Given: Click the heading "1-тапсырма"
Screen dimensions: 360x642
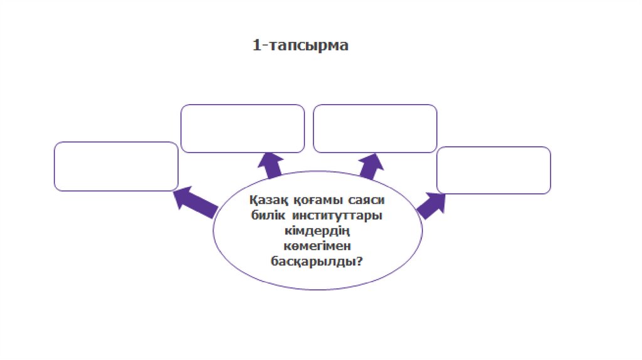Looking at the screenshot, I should (x=300, y=46).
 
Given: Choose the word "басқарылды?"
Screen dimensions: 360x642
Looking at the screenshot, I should (x=317, y=260).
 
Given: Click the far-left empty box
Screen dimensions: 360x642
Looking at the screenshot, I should (x=116, y=166).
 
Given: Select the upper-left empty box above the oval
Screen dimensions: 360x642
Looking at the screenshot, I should (x=243, y=129).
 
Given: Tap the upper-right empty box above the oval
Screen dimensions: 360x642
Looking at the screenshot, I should (x=375, y=129).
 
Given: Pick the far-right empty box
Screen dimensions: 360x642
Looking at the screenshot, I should (x=493, y=170).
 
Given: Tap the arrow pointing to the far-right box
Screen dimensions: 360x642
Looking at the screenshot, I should (x=431, y=204).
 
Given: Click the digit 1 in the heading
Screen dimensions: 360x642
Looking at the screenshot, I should (x=255, y=46).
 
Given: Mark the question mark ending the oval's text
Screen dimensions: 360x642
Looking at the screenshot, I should (x=359, y=260).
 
